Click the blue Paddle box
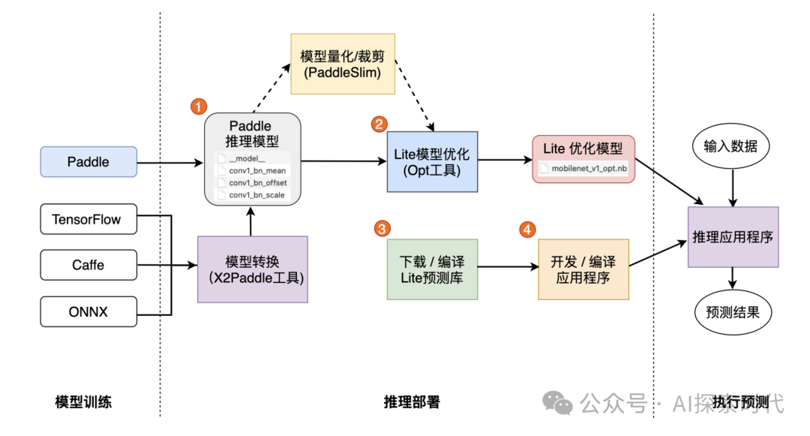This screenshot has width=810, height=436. click(88, 161)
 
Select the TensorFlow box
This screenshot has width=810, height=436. click(88, 219)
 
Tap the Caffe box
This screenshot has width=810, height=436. click(88, 265)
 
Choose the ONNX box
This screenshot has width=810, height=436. click(88, 311)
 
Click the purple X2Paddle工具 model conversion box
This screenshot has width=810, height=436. click(253, 269)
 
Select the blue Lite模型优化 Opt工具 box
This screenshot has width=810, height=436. click(431, 161)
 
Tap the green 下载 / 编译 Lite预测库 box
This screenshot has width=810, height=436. click(431, 269)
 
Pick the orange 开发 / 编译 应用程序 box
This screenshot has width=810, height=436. click(583, 269)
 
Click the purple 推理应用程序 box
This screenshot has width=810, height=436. click(733, 236)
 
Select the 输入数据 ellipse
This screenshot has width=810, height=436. click(730, 146)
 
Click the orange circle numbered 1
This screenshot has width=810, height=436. click(198, 106)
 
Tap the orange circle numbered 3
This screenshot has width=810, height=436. click(382, 227)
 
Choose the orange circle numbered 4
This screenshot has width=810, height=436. click(528, 229)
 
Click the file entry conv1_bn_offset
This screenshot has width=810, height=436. click(258, 183)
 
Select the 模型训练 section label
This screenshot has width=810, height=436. click(83, 401)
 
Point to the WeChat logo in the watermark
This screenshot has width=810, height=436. click(559, 403)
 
